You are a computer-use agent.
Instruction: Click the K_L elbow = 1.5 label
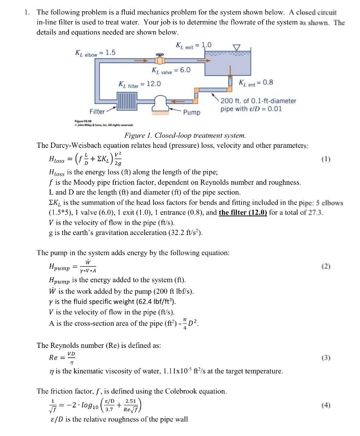coord(95,53)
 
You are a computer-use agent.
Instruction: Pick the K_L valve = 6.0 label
coord(171,70)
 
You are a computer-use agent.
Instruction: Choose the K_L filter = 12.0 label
coord(139,84)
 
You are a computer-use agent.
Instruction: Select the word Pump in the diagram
coord(191,112)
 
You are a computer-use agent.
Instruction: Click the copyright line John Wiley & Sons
coord(104,125)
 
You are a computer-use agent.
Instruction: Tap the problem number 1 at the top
coord(26,13)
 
